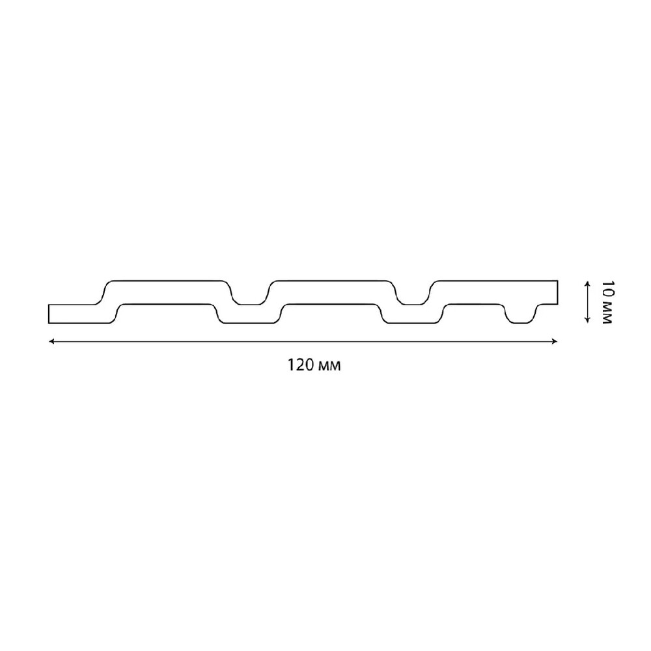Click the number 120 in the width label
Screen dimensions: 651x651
click(301, 365)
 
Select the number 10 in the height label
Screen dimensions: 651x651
click(607, 289)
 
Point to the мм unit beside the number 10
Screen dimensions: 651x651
click(607, 312)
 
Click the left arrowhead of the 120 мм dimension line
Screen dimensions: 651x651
click(51, 341)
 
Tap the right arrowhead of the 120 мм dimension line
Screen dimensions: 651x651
click(554, 341)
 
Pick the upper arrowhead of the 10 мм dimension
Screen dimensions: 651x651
click(587, 284)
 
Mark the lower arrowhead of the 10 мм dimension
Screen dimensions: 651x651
click(587, 320)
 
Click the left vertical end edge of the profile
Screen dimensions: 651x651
click(49, 314)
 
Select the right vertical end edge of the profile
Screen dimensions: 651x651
click(557, 292)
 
